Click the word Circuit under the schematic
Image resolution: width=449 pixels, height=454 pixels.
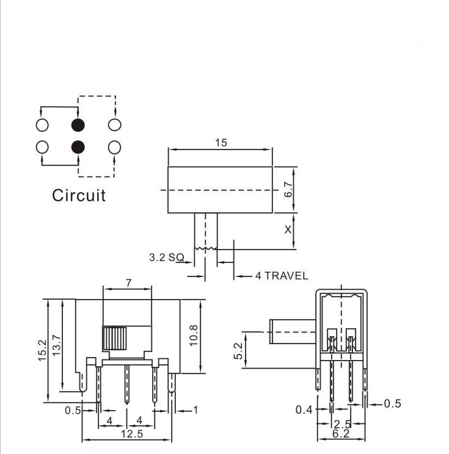[78, 195]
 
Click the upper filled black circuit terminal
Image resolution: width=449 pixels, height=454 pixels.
[78, 125]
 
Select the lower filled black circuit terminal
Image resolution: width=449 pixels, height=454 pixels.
[78, 147]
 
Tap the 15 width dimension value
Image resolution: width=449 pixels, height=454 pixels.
[221, 142]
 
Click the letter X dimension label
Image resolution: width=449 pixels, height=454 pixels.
[288, 229]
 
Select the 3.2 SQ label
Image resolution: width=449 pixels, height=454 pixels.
[166, 258]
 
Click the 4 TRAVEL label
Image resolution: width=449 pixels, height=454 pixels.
[282, 276]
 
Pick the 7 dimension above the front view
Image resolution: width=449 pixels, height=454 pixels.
[128, 283]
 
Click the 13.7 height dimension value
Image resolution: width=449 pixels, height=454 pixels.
[56, 346]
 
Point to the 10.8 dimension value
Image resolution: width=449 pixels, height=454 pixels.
[193, 336]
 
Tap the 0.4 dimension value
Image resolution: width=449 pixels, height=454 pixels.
[304, 410]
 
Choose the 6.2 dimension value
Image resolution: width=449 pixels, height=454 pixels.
[341, 434]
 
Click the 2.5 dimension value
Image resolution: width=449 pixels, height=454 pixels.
[341, 423]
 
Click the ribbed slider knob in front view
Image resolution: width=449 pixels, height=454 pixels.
[114, 338]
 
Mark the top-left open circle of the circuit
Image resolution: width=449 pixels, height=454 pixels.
[42, 125]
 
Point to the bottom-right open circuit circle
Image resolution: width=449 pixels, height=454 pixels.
[114, 147]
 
